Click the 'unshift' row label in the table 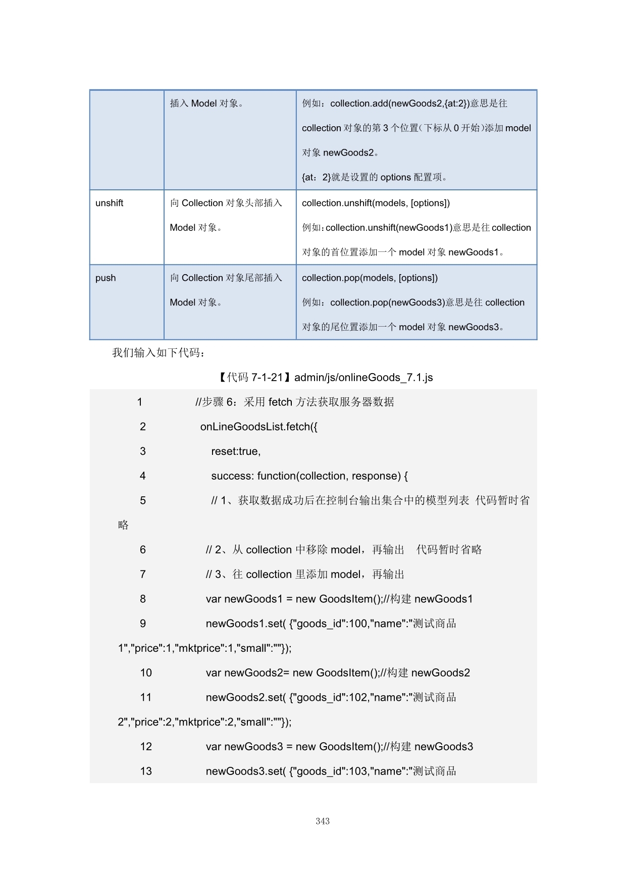pos(109,203)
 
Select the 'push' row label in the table pos(106,278)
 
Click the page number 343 pos(323,821)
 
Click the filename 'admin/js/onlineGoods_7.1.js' pos(363,377)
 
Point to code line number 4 pos(143,476)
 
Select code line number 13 pos(146,771)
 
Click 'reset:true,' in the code pos(236,451)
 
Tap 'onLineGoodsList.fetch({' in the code pos(259,427)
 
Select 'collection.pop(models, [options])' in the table pos(370,278)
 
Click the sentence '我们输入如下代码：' pos(159,352)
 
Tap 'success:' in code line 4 pos(232,476)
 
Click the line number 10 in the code pos(146,672)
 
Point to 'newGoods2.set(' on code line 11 pos(245,697)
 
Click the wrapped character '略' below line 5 pos(123,525)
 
